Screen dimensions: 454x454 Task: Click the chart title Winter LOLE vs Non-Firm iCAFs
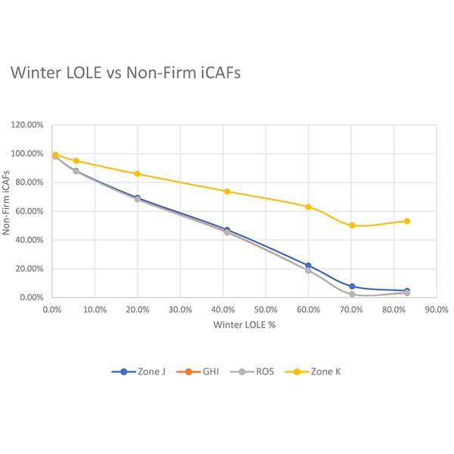point(125,73)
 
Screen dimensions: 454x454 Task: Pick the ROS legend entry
point(257,371)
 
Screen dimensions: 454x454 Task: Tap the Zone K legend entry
point(321,371)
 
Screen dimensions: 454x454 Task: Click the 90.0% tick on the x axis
point(437,309)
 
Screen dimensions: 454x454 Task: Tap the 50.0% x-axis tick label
point(266,309)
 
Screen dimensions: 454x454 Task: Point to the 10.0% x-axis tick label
point(95,309)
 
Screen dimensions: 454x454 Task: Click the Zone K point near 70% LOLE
point(352,225)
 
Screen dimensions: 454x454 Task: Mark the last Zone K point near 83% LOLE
point(407,221)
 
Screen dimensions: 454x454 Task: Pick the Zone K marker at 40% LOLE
point(227,191)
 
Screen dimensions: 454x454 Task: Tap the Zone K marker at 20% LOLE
point(137,174)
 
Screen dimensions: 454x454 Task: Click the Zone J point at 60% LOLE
point(308,266)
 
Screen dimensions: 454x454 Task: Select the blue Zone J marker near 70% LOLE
point(352,286)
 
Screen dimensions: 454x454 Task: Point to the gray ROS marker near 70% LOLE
point(352,294)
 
